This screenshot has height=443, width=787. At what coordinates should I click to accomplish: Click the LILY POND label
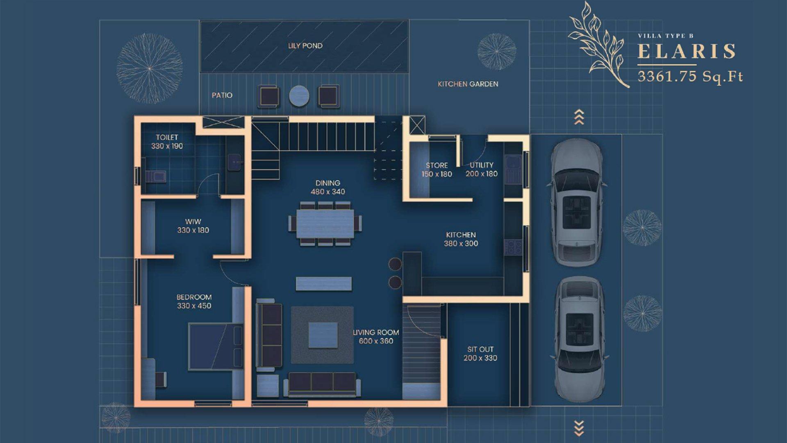pyautogui.click(x=305, y=46)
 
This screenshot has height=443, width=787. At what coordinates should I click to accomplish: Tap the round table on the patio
pyautogui.click(x=299, y=96)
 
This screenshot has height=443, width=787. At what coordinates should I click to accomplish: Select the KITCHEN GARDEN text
pyautogui.click(x=468, y=84)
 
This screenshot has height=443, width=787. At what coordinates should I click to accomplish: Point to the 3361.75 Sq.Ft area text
pyautogui.click(x=690, y=76)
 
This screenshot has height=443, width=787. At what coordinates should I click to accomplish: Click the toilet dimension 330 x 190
pyautogui.click(x=167, y=146)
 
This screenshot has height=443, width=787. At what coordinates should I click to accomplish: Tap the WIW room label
pyautogui.click(x=193, y=221)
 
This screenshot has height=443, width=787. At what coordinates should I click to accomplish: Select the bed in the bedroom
pyautogui.click(x=215, y=347)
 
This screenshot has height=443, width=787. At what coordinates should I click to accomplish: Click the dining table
pyautogui.click(x=325, y=224)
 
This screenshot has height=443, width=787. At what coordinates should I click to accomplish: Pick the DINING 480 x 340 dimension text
pyautogui.click(x=328, y=192)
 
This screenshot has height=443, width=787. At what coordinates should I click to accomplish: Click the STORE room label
pyautogui.click(x=437, y=165)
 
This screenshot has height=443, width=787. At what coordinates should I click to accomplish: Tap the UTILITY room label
pyautogui.click(x=481, y=165)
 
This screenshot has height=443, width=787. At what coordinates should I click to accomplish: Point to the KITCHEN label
pyautogui.click(x=461, y=235)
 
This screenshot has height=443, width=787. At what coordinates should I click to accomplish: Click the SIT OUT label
pyautogui.click(x=480, y=349)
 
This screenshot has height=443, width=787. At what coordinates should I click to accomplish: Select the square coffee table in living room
pyautogui.click(x=323, y=335)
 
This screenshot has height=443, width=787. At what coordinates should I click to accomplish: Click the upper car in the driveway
pyautogui.click(x=578, y=202)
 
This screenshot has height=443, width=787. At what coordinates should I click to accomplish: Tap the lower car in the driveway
pyautogui.click(x=579, y=338)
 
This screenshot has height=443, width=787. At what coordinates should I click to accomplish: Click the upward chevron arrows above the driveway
pyautogui.click(x=579, y=117)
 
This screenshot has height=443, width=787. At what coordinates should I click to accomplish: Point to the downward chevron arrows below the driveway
pyautogui.click(x=579, y=428)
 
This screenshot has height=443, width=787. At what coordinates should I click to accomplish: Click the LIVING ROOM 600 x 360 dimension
pyautogui.click(x=376, y=341)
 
